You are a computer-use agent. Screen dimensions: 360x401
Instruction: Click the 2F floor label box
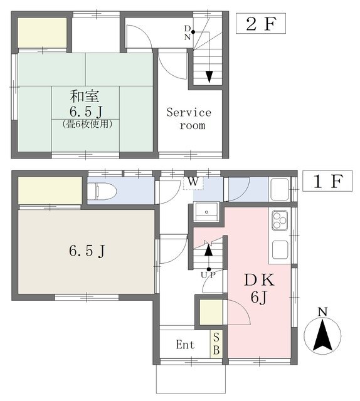(x=261, y=24)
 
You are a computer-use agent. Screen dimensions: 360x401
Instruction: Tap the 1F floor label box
(x=327, y=181)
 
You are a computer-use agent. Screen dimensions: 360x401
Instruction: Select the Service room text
(x=189, y=119)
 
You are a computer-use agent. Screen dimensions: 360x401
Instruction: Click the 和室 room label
(x=85, y=96)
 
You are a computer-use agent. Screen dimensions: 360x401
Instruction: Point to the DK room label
(x=260, y=280)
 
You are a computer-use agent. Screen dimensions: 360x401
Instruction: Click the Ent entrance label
(x=185, y=345)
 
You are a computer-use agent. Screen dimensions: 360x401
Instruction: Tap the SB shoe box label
(x=216, y=344)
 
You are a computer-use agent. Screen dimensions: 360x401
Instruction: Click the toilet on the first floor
(x=102, y=191)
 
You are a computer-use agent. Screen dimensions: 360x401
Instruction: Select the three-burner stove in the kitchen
(x=280, y=220)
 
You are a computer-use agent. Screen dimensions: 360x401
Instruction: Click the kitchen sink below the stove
(x=280, y=250)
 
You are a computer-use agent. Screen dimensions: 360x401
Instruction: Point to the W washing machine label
(x=193, y=182)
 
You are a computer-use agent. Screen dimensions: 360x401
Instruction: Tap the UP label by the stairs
(x=208, y=275)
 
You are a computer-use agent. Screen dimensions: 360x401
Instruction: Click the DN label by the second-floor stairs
(x=188, y=33)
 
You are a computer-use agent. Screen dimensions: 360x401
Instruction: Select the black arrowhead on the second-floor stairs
(x=209, y=76)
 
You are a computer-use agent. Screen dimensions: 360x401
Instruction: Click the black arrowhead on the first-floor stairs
(x=209, y=250)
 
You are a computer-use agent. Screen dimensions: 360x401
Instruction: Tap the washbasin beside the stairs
(x=206, y=212)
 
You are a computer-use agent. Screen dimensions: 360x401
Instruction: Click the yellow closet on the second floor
(x=42, y=32)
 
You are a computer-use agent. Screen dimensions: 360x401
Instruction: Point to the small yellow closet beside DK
(x=211, y=312)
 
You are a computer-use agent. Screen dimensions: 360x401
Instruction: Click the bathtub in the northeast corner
(x=280, y=189)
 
